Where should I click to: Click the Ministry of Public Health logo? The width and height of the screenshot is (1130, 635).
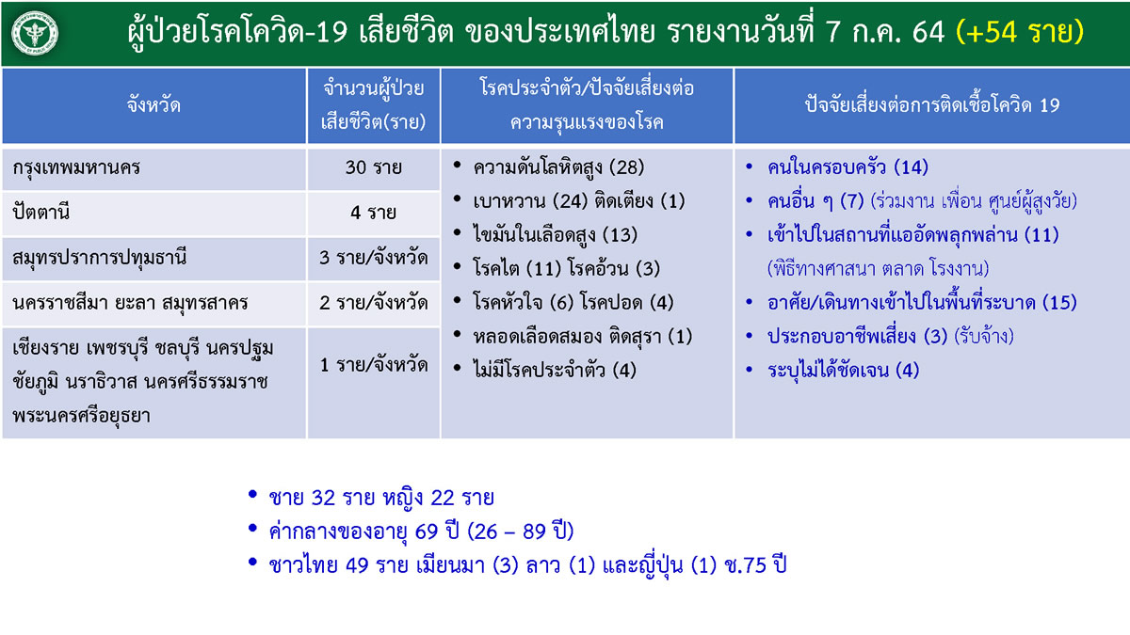coord(35,34)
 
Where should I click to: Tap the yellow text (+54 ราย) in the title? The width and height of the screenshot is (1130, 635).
coord(1020,32)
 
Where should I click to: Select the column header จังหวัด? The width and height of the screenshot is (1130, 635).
coord(153,105)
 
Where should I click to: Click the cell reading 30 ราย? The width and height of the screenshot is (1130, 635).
coord(373,167)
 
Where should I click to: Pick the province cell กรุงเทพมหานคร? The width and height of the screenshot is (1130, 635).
coord(76,167)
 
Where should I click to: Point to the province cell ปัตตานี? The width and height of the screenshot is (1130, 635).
coord(40,213)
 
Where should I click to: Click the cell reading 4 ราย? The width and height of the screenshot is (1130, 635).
coord(373,213)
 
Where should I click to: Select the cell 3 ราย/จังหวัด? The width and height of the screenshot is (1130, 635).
coord(373,258)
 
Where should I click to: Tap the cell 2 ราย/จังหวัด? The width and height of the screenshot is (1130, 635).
coord(373,303)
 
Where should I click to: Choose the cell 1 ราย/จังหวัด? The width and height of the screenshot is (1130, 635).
coord(373,365)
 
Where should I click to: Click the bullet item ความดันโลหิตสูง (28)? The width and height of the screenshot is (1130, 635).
coord(558,167)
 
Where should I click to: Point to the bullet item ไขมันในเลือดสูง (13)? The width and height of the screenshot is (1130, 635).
coord(555,235)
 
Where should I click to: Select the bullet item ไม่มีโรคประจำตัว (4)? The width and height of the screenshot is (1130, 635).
coord(555,371)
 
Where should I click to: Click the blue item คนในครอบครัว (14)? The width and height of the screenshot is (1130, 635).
coord(847,167)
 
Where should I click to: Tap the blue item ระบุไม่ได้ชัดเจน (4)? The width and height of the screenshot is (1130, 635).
coord(843,371)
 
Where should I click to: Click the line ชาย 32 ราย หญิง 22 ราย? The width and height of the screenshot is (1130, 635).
coord(381,498)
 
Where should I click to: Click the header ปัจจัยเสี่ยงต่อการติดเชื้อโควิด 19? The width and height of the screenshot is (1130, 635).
coord(931,105)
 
